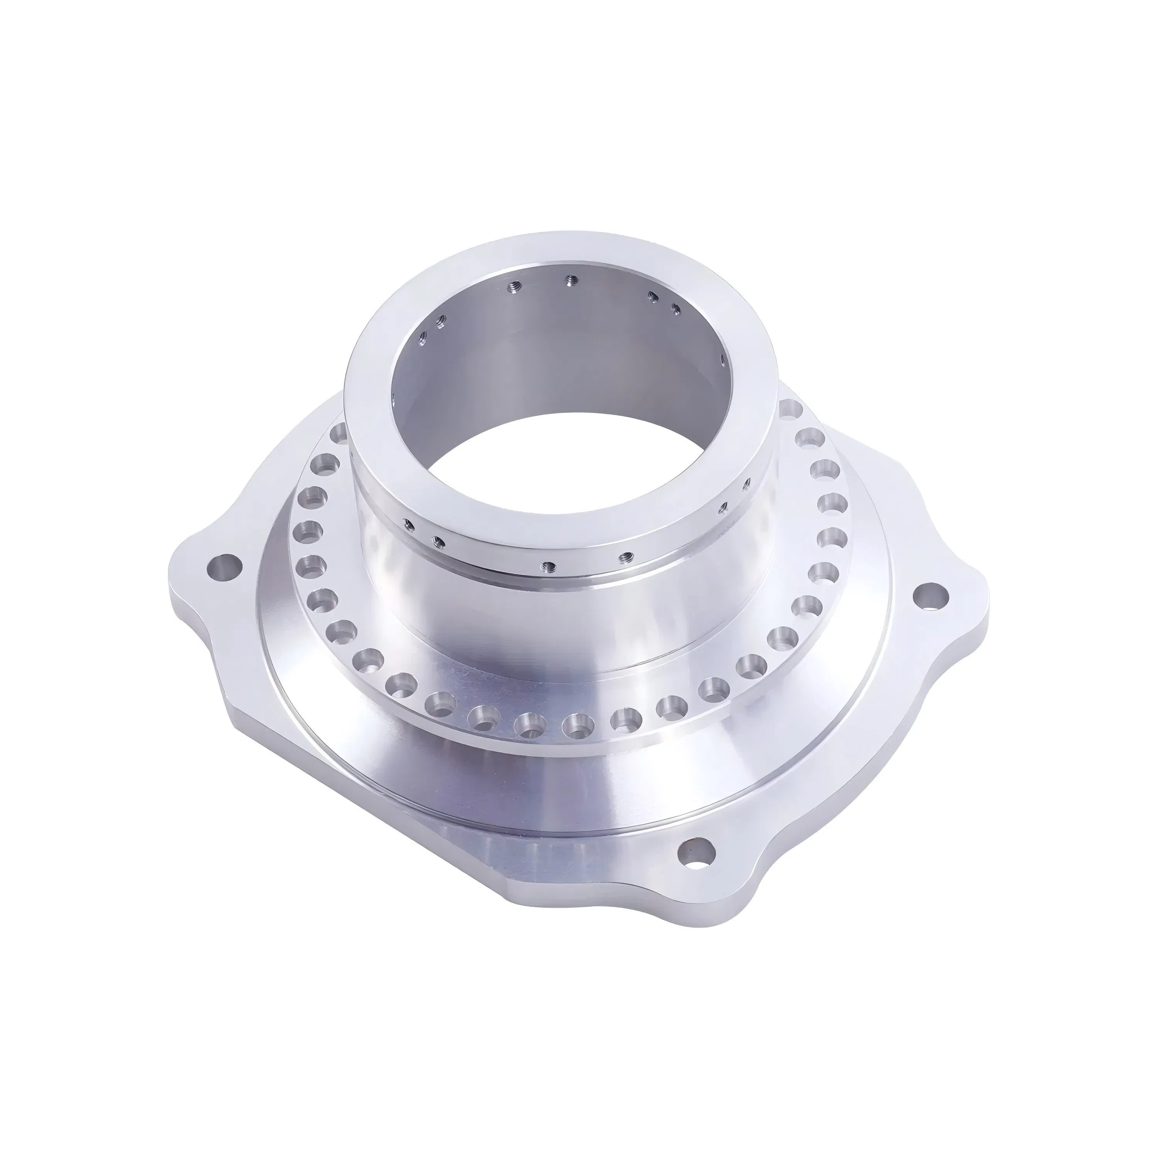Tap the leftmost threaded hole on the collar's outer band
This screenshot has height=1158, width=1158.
click(408, 522)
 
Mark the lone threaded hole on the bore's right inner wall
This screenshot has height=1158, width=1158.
click(723, 360)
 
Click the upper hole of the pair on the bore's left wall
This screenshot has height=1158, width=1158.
click(442, 321)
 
